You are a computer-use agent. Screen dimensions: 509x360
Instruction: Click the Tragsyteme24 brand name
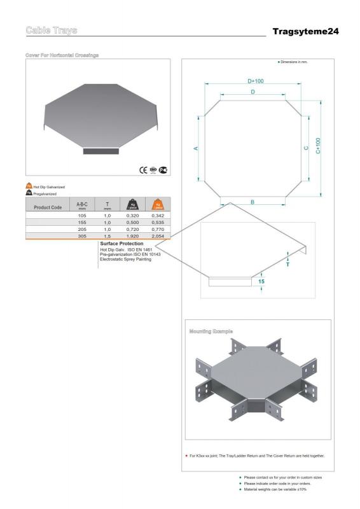click(305, 31)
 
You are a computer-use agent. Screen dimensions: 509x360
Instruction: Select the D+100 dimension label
click(256, 81)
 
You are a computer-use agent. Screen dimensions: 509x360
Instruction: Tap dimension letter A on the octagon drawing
click(196, 148)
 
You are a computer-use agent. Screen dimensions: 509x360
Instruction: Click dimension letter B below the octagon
click(252, 202)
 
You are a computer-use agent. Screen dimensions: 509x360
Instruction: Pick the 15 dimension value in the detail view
click(261, 281)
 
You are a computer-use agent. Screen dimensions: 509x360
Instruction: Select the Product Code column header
click(48, 207)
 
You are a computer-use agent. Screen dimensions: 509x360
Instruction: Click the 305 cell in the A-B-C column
click(81, 236)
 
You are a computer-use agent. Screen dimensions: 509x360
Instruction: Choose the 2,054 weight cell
click(158, 236)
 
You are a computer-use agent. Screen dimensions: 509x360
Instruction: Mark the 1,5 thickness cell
click(107, 236)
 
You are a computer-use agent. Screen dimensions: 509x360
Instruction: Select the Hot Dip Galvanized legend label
click(48, 186)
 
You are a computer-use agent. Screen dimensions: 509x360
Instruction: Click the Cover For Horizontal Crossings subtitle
click(62, 55)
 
